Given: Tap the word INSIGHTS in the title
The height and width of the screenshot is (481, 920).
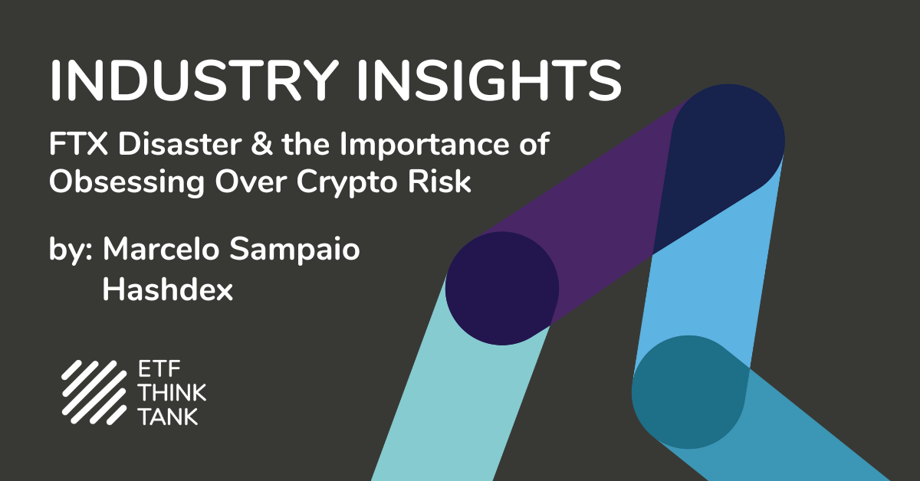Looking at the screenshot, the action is [489, 80].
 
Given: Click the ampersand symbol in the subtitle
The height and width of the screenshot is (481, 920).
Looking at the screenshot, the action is [261, 144].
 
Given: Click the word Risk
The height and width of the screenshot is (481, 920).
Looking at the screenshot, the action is [439, 181].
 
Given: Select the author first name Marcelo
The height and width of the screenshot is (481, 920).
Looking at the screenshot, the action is [161, 249].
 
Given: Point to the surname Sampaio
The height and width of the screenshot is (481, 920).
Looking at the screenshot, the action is [294, 250].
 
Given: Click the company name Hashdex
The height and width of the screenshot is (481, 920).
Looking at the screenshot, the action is [168, 289].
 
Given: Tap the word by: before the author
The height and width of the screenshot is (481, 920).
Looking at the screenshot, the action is [71, 250].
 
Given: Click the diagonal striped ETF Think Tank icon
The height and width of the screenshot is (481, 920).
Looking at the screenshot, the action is [94, 392].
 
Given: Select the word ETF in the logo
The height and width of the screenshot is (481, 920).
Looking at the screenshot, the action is [159, 369].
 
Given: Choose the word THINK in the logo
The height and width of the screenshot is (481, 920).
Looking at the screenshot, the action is [172, 393].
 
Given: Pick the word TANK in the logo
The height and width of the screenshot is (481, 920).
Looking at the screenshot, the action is [169, 417].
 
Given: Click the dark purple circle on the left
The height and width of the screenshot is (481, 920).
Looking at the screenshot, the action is [502, 288].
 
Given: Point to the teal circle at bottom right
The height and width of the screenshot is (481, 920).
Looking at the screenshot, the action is [688, 392].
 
